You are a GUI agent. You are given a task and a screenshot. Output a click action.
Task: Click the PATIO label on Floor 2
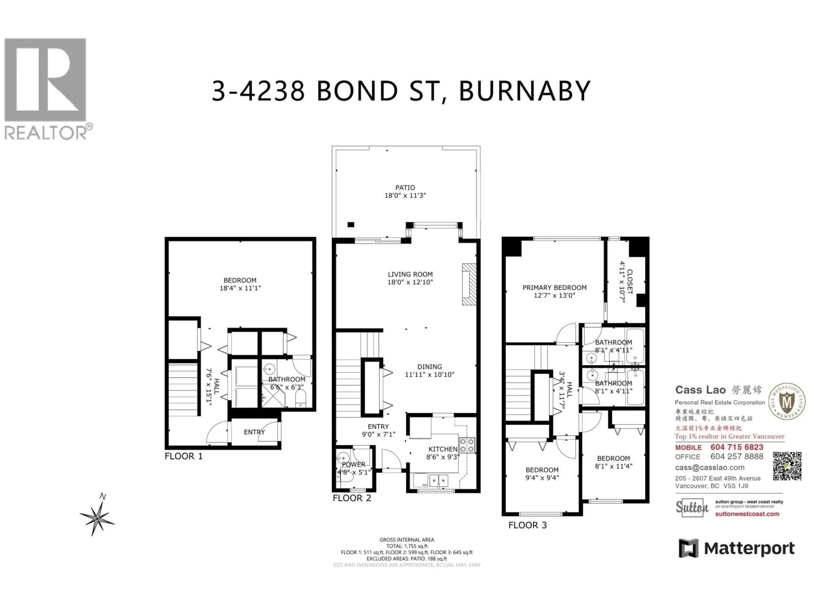point(405,188)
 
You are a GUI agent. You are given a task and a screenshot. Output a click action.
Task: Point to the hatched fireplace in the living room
point(469,284)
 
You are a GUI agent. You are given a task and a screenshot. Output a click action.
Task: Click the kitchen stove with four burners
point(467,445)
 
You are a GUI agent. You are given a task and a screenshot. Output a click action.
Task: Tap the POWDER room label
point(354,464)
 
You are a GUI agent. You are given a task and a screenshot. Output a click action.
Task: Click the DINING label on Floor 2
point(429,367)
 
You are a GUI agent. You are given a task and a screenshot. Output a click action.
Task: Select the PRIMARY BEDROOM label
point(554,288)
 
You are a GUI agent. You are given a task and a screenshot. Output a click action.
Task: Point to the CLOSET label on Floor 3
point(630,282)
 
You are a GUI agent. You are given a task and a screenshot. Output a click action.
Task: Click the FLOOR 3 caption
point(527,526)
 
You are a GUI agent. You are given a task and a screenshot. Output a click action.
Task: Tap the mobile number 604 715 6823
point(737,447)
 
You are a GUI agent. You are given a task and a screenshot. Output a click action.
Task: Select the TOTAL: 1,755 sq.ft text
point(407,546)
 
